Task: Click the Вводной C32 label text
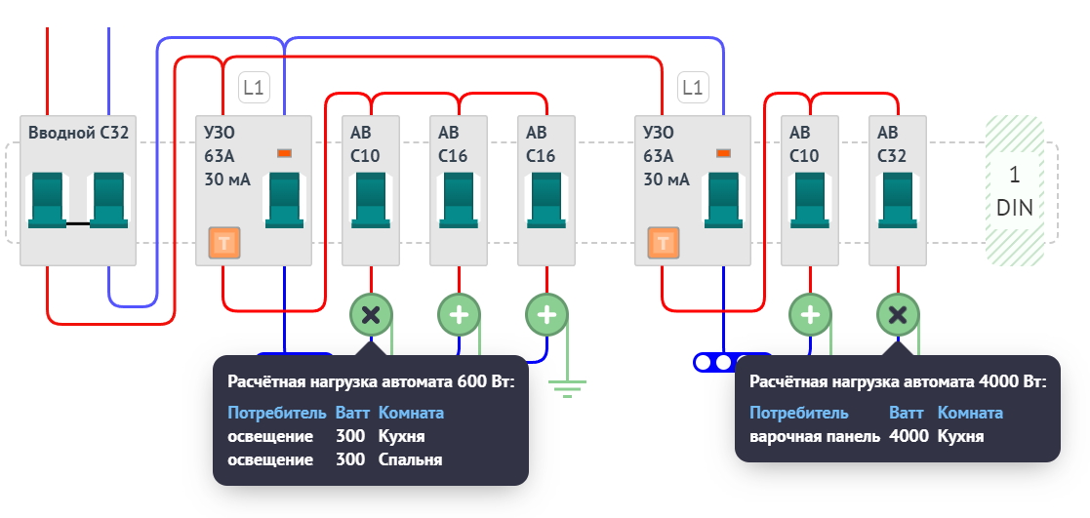point(78,133)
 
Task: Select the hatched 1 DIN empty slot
point(1014,190)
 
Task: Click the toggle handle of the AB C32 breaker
point(898,199)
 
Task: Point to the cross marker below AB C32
point(898,314)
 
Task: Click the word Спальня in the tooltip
point(410,459)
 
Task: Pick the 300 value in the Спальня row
point(349,459)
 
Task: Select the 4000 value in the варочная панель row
point(908,436)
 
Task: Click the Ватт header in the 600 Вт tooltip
point(352,413)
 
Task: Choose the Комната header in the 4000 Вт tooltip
point(970,413)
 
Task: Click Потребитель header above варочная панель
point(799,413)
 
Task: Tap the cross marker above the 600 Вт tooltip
point(371,314)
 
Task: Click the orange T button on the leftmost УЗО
point(224,244)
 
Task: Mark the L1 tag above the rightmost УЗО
point(692,88)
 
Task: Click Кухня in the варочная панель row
point(960,436)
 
